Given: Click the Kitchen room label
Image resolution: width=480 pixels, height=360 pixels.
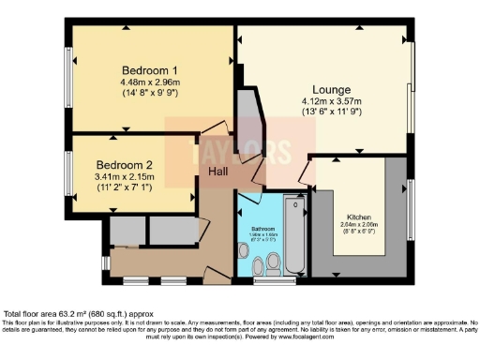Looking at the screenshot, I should click(x=357, y=217).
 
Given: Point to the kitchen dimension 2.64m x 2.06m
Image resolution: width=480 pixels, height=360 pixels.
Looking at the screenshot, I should click(x=357, y=225).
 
